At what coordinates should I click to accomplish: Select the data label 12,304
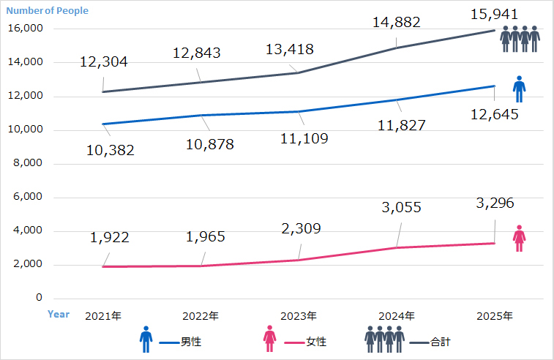pyautogui.click(x=103, y=62)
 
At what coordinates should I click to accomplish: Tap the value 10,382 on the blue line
pyautogui.click(x=111, y=151)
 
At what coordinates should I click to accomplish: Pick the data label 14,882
pyautogui.click(x=396, y=23)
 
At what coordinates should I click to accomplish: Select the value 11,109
pyautogui.click(x=304, y=138)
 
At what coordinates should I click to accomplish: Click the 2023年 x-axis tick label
pyautogui.click(x=299, y=316)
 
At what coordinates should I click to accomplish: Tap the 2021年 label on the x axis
pyautogui.click(x=103, y=316)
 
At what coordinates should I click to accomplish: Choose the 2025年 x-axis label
pyautogui.click(x=495, y=316)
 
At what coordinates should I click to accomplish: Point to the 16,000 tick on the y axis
pyautogui.click(x=26, y=29)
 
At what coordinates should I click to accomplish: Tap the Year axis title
pyautogui.click(x=59, y=314)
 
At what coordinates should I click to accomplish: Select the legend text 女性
pyautogui.click(x=316, y=342)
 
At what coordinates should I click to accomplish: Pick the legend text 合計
pyautogui.click(x=441, y=342)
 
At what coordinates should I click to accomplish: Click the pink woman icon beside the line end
pyautogui.click(x=519, y=238)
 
